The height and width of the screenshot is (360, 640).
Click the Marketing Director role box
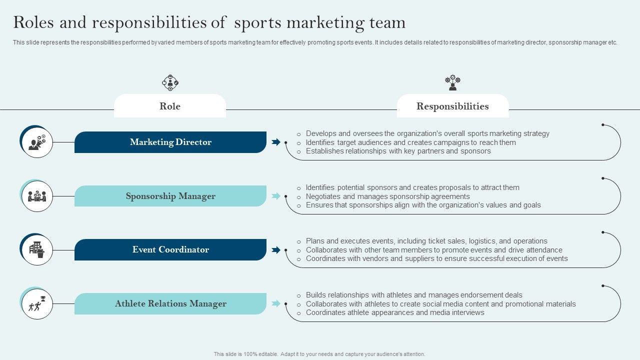pyautogui.click(x=170, y=142)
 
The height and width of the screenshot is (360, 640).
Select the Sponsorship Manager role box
pyautogui.click(x=170, y=196)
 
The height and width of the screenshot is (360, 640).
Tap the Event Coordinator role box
pyautogui.click(x=170, y=249)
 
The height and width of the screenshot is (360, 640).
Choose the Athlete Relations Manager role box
pyautogui.click(x=170, y=303)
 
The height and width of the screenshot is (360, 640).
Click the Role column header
pyautogui.click(x=170, y=106)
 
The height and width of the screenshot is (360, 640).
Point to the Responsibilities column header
pyautogui.click(x=452, y=106)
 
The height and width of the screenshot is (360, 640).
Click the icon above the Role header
pyautogui.click(x=170, y=82)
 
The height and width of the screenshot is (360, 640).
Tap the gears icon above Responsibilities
pyautogui.click(x=452, y=82)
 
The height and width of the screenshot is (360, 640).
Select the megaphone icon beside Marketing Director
pyautogui.click(x=37, y=142)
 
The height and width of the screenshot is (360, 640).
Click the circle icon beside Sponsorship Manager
pyautogui.click(x=37, y=196)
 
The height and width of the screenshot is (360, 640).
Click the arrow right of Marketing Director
pyautogui.click(x=276, y=142)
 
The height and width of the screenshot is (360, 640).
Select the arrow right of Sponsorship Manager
pyautogui.click(x=276, y=196)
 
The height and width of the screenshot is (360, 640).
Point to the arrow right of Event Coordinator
pyautogui.click(x=276, y=250)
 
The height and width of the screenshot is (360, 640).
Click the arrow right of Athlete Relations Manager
pyautogui.click(x=276, y=303)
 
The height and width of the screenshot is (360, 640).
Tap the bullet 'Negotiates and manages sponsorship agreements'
pyautogui.click(x=387, y=196)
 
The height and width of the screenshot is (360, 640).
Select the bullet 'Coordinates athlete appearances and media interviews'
pyautogui.click(x=395, y=312)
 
